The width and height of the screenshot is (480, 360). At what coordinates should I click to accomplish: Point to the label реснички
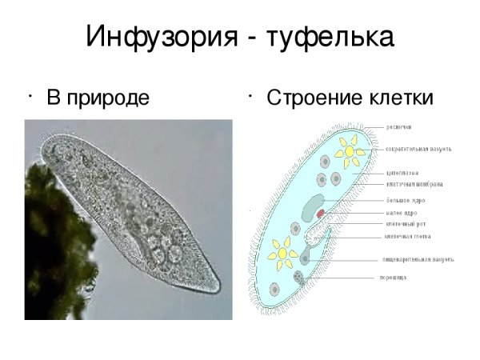coord(400,126)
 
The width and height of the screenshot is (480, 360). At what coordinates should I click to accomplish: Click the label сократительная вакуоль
coord(418,149)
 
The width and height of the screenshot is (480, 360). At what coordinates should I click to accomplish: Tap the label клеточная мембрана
coord(414,184)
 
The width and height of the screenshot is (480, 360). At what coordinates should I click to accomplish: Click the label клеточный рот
coord(404,224)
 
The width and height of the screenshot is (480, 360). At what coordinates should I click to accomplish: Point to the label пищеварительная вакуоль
coord(418,259)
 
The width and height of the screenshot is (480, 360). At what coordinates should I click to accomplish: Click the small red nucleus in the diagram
coord(321,214)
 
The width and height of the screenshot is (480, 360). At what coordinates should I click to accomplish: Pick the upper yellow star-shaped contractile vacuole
coord(350,152)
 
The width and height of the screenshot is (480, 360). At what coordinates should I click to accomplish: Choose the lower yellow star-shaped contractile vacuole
coord(282,254)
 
